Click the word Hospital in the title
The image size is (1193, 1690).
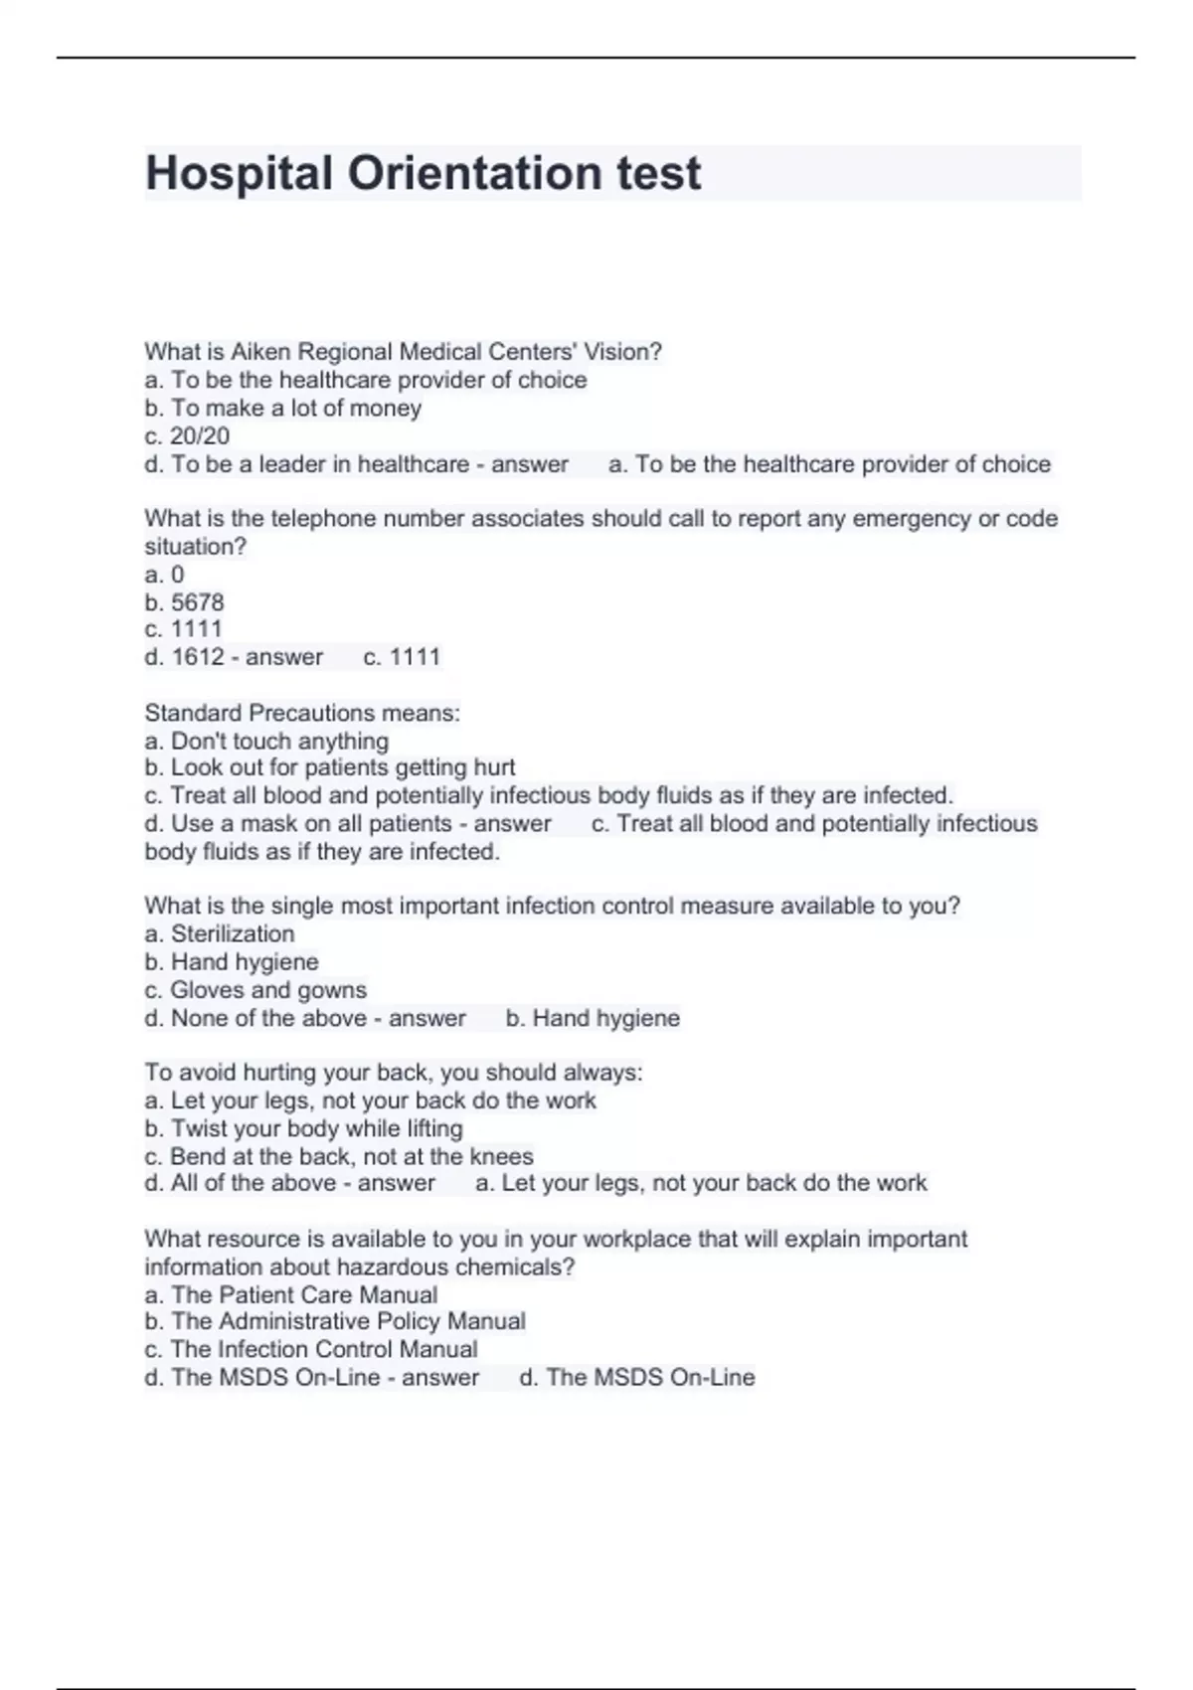coord(239,173)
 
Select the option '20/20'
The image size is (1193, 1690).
coord(200,436)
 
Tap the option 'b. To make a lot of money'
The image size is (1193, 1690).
coord(283,409)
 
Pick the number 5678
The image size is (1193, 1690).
coord(198,602)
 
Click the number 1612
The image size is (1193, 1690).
coord(198,657)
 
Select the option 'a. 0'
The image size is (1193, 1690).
coord(164,575)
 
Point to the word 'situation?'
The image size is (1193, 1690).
coord(195,547)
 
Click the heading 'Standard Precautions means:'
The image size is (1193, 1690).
coord(302,713)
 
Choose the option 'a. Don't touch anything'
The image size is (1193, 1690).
coord(266,741)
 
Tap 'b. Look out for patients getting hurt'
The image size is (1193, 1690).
coord(330,767)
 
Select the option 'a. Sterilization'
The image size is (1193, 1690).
coord(220,933)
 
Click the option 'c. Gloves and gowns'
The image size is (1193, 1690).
coord(256,990)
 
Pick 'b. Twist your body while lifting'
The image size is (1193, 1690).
coord(303,1128)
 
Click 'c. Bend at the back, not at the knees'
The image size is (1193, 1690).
coord(339,1156)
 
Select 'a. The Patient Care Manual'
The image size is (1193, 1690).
coord(291,1294)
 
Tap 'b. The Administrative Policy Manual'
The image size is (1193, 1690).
coord(335,1321)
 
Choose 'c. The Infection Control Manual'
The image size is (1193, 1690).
coord(311,1349)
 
